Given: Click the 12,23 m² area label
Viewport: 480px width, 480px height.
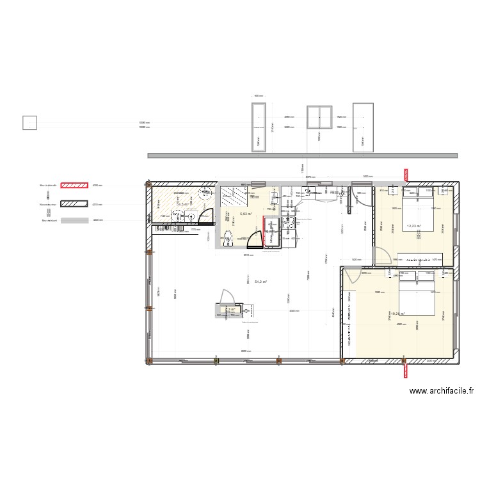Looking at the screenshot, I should pos(414,225).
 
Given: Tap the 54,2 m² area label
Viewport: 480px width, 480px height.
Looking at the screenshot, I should pos(260,282).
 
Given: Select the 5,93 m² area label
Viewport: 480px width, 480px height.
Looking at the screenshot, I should pos(246,214).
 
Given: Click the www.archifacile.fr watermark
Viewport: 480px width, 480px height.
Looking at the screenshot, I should pos(442,391).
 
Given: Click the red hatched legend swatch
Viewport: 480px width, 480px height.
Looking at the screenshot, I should pos(75,186).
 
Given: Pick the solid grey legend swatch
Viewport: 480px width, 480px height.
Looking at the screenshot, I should pos(75,220).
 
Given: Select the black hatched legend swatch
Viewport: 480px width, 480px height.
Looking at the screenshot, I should pos(75,205).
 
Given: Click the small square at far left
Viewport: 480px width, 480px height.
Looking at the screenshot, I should pos(29,122).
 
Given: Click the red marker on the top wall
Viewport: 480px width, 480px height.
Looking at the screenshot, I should pos(405,174).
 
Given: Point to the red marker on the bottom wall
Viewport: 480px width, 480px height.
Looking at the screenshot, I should pos(405,369).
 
